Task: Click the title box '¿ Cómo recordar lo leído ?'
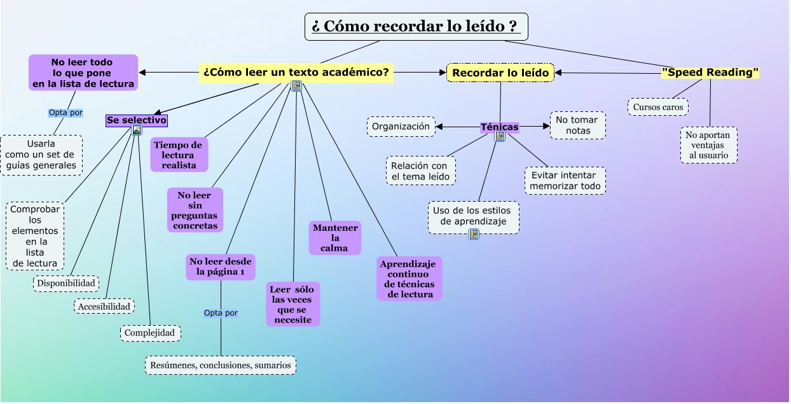(x=416, y=27)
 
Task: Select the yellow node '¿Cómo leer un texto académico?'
(x=296, y=73)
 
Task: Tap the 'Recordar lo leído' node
(x=500, y=73)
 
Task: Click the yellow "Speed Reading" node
(x=710, y=73)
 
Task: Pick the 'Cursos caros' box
(x=658, y=107)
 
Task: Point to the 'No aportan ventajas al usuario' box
(x=709, y=145)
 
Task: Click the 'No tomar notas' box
(x=577, y=125)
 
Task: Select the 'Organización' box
(x=401, y=126)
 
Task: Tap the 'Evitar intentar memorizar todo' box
(x=565, y=181)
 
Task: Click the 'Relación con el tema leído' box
(x=420, y=171)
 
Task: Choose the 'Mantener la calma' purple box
(x=334, y=237)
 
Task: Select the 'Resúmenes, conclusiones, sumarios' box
(x=221, y=365)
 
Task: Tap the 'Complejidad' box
(x=151, y=333)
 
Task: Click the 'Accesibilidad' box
(x=104, y=307)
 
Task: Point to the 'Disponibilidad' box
(x=66, y=283)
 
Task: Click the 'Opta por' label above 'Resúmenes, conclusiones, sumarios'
(x=221, y=313)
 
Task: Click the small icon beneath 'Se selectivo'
(x=137, y=130)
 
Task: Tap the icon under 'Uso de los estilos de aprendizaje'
(x=474, y=234)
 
